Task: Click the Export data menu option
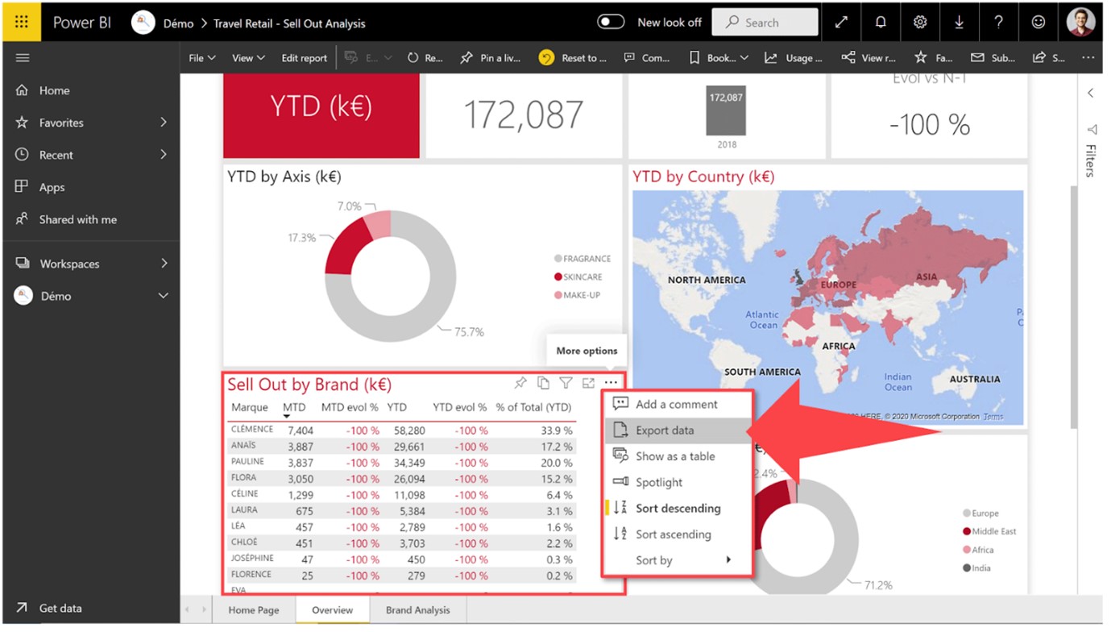click(x=664, y=430)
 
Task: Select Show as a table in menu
click(x=674, y=456)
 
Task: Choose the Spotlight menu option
click(x=658, y=482)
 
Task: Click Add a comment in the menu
click(x=676, y=405)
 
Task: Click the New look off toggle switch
click(x=611, y=23)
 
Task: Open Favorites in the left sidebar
click(x=61, y=123)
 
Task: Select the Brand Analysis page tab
click(x=417, y=610)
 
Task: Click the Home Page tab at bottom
click(x=254, y=610)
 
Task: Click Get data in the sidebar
click(x=60, y=609)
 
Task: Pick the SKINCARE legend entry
click(x=582, y=277)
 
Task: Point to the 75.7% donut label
click(x=469, y=331)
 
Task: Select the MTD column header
click(x=294, y=407)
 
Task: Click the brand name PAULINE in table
click(x=247, y=462)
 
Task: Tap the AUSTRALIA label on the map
click(x=974, y=379)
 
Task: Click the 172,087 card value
click(x=524, y=115)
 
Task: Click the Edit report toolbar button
click(x=304, y=58)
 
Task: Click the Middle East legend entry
click(x=993, y=531)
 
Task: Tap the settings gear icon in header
click(x=920, y=23)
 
